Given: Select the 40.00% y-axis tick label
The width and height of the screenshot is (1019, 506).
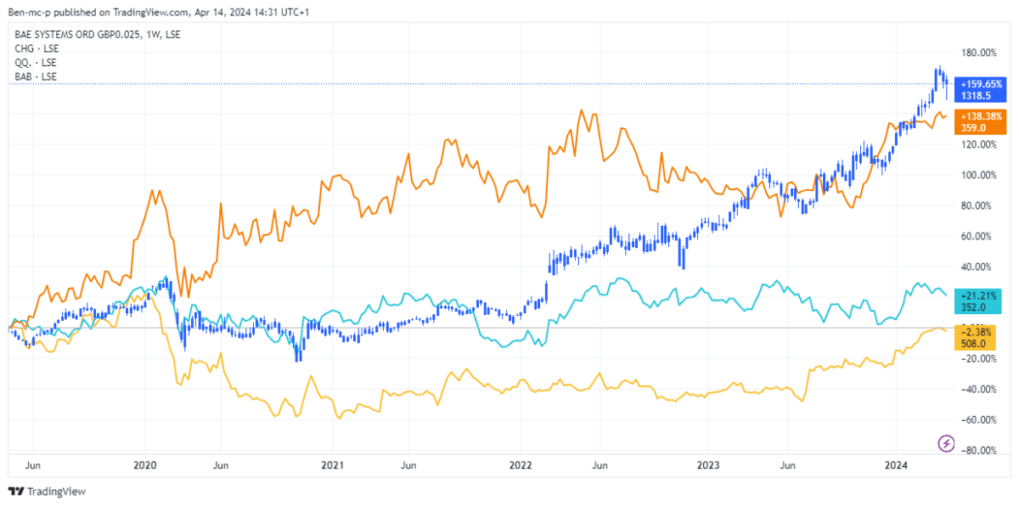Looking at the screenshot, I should coord(977,267).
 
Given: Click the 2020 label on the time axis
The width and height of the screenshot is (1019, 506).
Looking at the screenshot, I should coord(146,465).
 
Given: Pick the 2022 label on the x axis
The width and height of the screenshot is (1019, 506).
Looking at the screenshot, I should coord(520,465).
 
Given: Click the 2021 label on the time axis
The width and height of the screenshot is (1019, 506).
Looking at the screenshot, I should coord(333,465).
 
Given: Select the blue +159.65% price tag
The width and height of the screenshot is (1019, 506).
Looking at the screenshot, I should coord(981,84).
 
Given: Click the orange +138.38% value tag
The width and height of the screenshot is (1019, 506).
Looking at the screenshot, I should coord(981,115).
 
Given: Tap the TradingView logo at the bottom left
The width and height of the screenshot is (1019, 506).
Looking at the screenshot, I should coord(47,492).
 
